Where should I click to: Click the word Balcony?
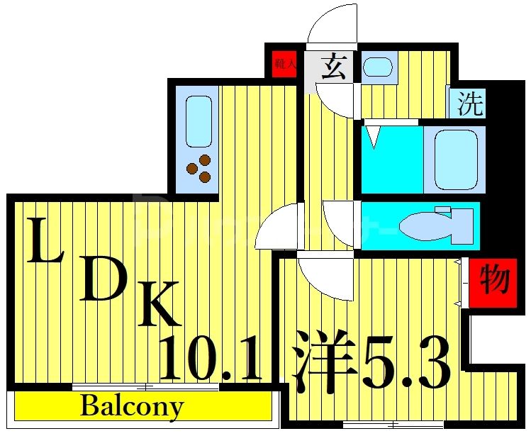click(132, 407)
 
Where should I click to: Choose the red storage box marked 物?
click(491, 281)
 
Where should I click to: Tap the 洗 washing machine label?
click(469, 105)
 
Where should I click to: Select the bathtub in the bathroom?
click(454, 160)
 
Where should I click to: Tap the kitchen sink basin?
click(199, 121)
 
